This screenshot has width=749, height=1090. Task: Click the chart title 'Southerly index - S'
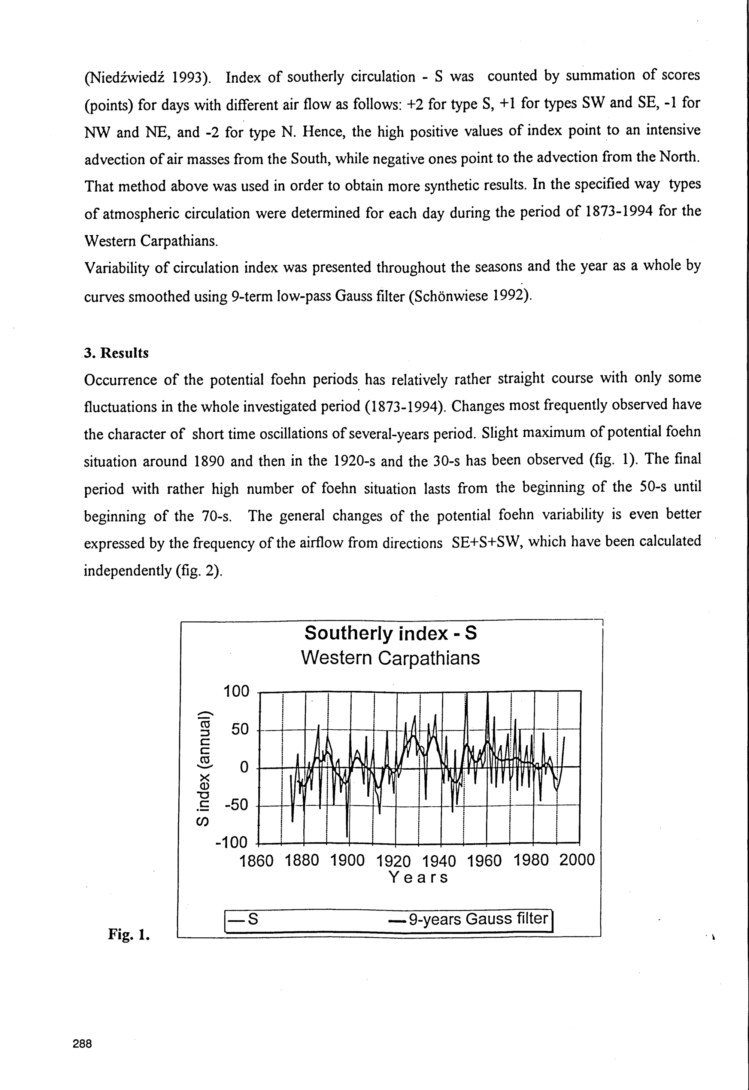(391, 633)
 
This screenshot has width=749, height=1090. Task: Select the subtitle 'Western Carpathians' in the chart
(391, 658)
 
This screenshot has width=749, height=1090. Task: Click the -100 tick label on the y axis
(231, 843)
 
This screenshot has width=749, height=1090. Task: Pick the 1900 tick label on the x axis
(347, 861)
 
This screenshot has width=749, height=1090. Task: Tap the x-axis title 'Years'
(419, 877)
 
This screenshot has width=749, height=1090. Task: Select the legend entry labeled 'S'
(252, 919)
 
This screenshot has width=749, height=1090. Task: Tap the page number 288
(83, 1044)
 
